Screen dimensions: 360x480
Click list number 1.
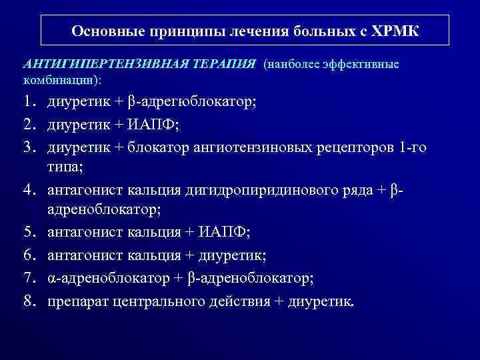coord(29,103)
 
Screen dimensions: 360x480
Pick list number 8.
coord(29,301)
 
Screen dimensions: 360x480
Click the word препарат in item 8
coord(77,301)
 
